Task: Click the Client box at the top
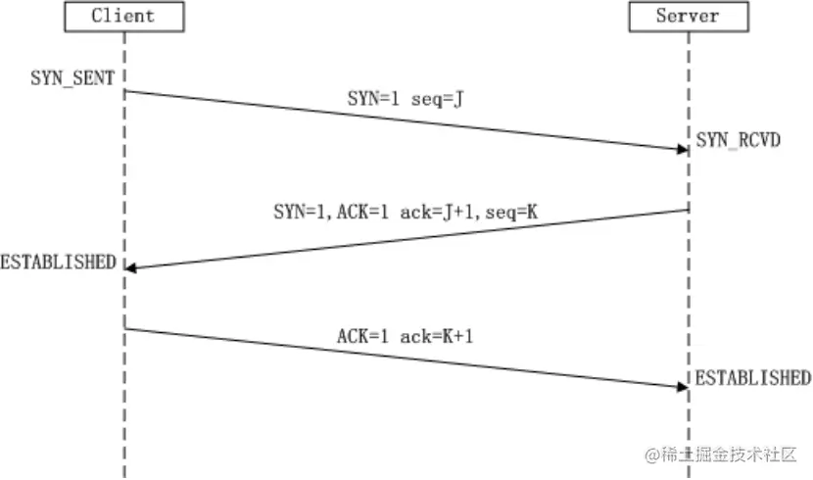point(123,17)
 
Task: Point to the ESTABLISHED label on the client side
point(58,262)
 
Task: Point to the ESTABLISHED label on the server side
point(753,378)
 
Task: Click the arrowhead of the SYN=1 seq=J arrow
point(683,149)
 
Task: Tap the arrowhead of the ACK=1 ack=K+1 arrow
point(683,386)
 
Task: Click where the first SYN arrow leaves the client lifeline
point(125,91)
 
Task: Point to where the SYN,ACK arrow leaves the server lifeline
point(689,210)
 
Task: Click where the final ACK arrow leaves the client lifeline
point(125,328)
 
